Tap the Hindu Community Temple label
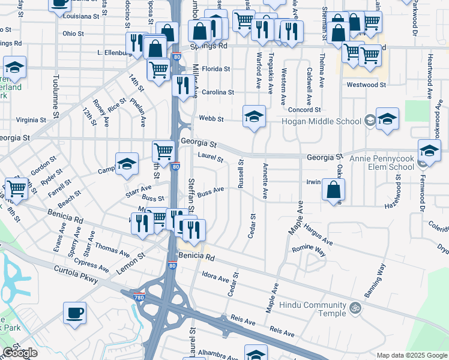point(316,309)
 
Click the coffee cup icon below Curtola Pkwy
point(74,313)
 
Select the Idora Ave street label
point(215,278)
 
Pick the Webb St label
point(211,119)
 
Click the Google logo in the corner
point(20,353)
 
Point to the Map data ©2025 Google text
point(411,355)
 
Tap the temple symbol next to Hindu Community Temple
point(355,308)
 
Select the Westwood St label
point(366,85)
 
